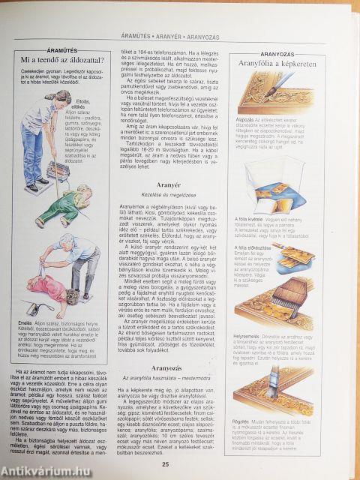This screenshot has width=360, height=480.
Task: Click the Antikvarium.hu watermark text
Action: (x=41, y=469)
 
